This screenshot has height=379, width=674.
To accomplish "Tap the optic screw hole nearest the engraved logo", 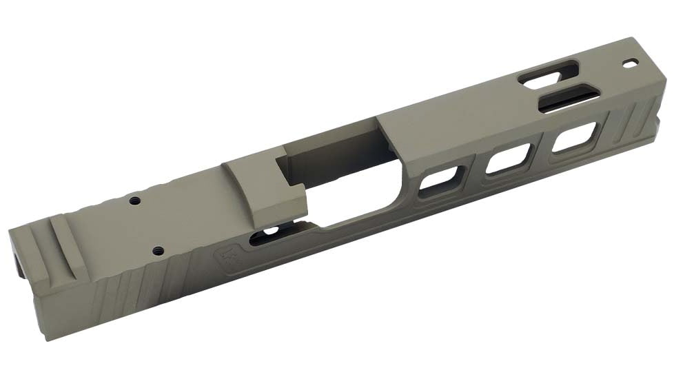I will (x=157, y=250).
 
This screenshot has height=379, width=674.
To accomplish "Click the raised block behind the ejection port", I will (x=265, y=186).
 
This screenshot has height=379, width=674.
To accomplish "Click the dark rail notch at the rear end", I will (x=17, y=265).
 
